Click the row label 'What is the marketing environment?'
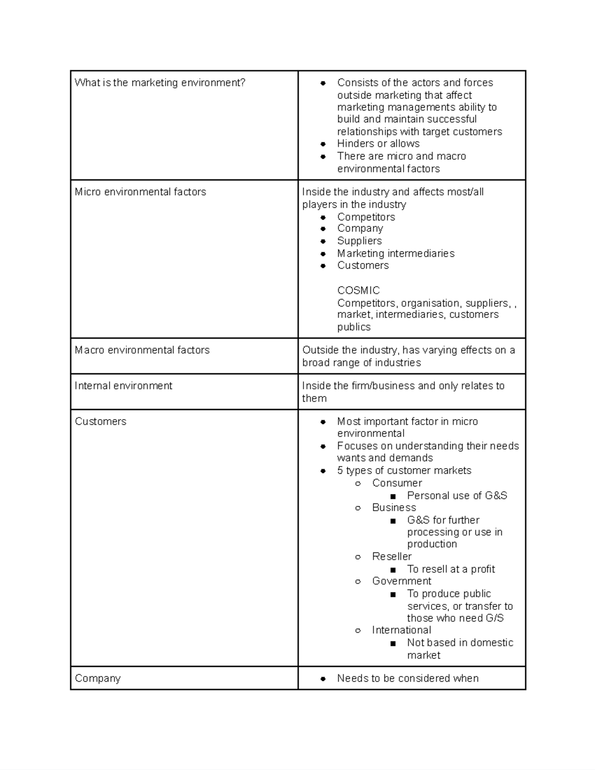coord(160,83)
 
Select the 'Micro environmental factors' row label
coord(140,192)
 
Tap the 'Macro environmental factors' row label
coord(142,350)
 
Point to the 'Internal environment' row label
coord(123,386)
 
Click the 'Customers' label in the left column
coord(101,421)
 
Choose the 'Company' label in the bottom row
coord(98,678)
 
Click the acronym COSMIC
coord(358,291)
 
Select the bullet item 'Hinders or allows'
coord(378,144)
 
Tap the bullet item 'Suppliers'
coord(359,241)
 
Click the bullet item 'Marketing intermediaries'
coord(396,253)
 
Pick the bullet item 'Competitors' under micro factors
coord(366,217)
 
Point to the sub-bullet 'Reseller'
coord(392,557)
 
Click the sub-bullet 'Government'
coord(402,581)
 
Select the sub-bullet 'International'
coord(402,630)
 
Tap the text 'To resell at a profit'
coord(451,569)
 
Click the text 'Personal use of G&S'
coord(457,496)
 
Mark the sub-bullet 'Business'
coord(394,508)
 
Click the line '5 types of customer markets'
coord(404,471)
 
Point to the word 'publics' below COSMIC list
coord(354,327)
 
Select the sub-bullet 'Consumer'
coord(397,483)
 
